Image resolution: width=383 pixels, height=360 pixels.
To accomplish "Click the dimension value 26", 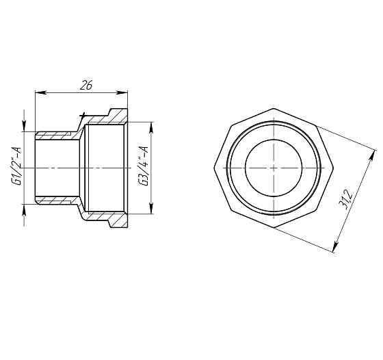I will (85, 85).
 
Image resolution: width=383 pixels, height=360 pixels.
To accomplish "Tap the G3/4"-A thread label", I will (144, 167).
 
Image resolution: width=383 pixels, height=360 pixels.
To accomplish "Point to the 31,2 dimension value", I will (347, 199).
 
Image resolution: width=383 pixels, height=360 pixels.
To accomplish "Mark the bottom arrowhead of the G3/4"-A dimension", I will (148, 209).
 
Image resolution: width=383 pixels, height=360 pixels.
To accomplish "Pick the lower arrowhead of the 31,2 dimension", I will (334, 249).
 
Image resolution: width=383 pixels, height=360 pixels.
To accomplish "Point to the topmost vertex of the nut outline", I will (272, 108).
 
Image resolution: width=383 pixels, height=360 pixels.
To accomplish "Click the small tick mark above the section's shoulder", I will (82, 114).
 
